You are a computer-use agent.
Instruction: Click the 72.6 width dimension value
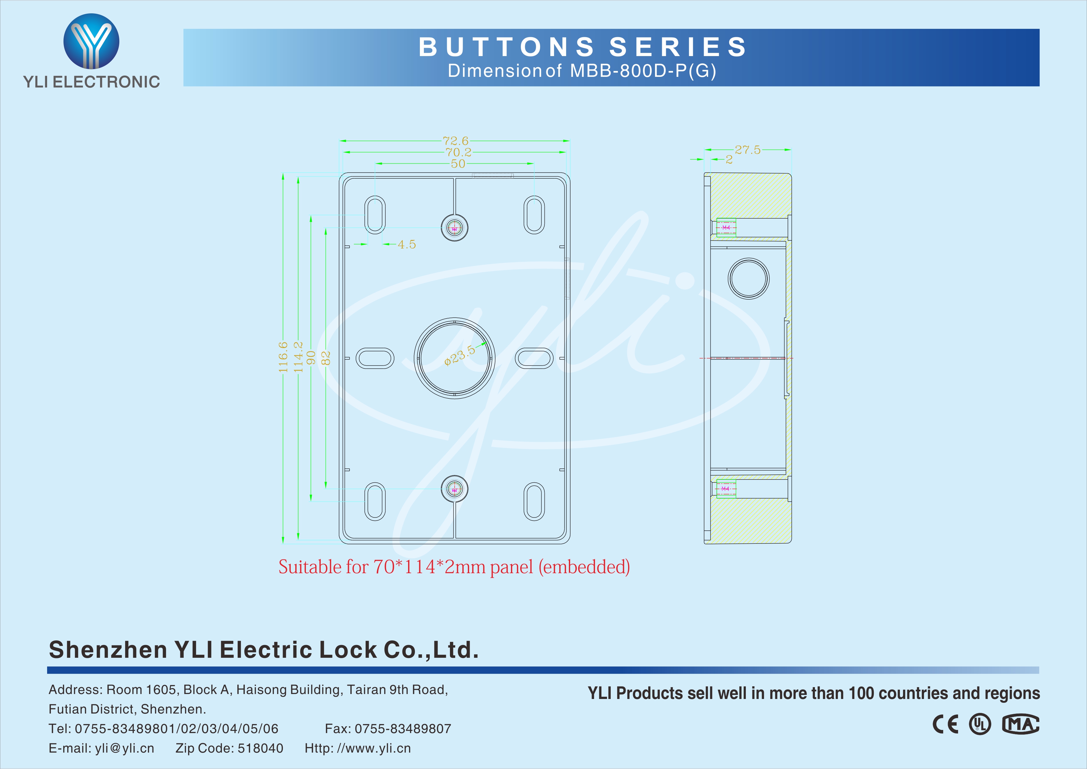[x=455, y=141]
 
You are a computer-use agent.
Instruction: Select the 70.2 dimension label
[x=458, y=152]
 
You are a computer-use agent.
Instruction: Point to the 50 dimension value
[x=458, y=163]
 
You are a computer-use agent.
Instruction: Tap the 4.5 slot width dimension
[x=407, y=244]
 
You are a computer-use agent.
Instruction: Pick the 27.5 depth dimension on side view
[x=748, y=150]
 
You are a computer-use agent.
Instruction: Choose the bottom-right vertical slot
[x=534, y=501]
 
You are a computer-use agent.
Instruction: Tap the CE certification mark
[x=945, y=724]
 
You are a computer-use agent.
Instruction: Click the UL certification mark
[x=979, y=724]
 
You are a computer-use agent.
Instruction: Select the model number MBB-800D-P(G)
[x=643, y=71]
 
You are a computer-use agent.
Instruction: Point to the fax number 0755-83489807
[x=403, y=728]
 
